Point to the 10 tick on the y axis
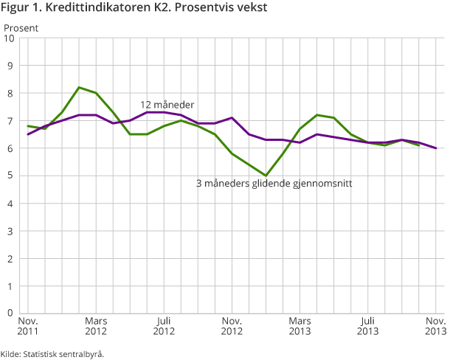(10, 38)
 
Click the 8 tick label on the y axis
(10, 94)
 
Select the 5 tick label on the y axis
(10, 176)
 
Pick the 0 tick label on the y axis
(10, 313)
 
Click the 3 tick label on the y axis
(10, 231)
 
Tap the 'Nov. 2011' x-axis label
(28, 327)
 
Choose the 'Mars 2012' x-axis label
(96, 327)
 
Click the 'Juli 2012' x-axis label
(164, 327)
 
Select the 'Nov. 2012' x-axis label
(232, 327)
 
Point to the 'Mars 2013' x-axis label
(300, 327)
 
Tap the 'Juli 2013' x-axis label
(368, 327)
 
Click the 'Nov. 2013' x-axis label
(435, 327)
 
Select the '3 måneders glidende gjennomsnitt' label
(273, 183)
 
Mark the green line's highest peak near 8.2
(79, 87)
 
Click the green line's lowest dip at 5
(266, 176)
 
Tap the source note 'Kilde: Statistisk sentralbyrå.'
(52, 353)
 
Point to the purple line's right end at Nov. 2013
(435, 148)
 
